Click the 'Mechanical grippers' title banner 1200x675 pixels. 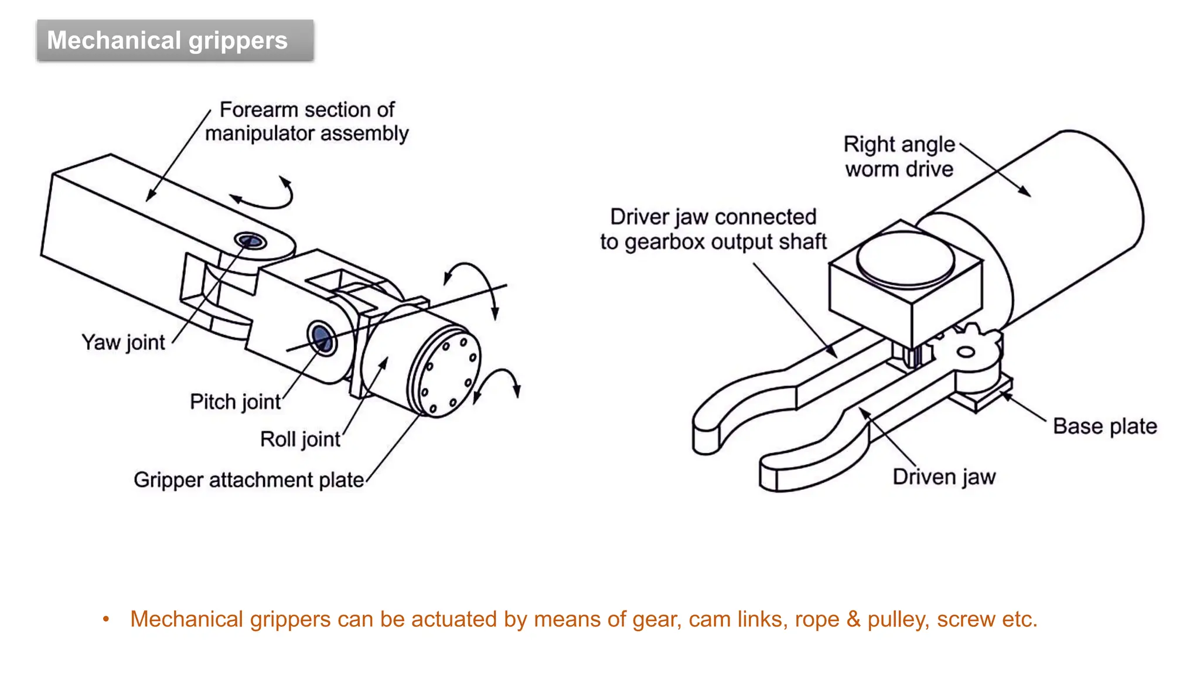coord(175,40)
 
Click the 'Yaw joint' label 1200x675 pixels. coord(124,342)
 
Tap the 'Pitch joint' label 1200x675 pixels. coord(236,402)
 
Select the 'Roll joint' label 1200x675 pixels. coord(300,439)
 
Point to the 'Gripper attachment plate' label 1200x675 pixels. coord(248,480)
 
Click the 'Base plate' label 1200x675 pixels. coord(1104,426)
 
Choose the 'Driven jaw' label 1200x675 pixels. coord(943,477)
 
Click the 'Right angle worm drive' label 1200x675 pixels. coord(899,156)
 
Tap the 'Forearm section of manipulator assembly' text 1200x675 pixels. coord(306,121)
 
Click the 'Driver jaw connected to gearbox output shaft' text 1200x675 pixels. coord(713,229)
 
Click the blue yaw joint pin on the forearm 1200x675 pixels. coord(250,241)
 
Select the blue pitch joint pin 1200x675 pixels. coord(322,337)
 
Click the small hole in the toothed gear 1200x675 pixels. coord(965,352)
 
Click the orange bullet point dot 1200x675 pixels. coord(106,619)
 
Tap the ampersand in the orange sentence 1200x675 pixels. coord(854,619)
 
